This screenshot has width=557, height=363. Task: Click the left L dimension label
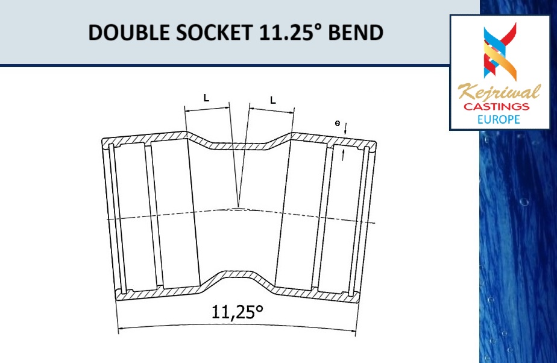[206, 98]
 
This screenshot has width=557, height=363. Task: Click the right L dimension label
[272, 100]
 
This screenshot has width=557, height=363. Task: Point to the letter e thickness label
[338, 124]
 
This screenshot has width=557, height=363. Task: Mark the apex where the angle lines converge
[239, 206]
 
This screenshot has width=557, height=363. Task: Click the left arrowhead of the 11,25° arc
[119, 329]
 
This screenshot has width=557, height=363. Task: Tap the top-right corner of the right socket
[375, 143]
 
